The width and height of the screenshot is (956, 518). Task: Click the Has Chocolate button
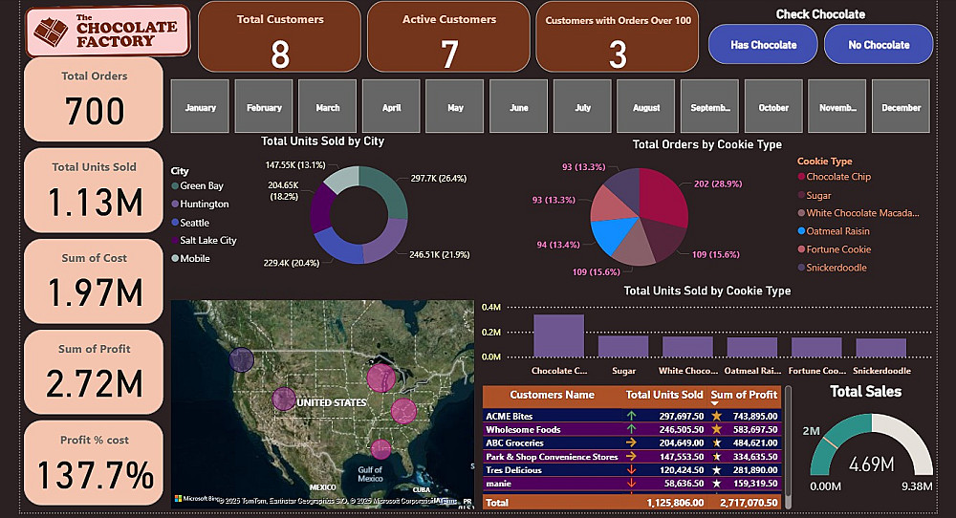pyautogui.click(x=763, y=45)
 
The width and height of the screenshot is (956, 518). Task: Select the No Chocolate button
pyautogui.click(x=879, y=45)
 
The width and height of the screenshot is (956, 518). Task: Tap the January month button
pyautogui.click(x=200, y=108)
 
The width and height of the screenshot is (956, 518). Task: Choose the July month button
pyautogui.click(x=583, y=108)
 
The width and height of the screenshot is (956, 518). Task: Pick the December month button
pyautogui.click(x=902, y=108)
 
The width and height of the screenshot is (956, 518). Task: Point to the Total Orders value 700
pyautogui.click(x=95, y=112)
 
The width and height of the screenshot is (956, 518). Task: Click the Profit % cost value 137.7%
pyautogui.click(x=95, y=475)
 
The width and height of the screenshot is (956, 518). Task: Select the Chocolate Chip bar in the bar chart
pyautogui.click(x=558, y=335)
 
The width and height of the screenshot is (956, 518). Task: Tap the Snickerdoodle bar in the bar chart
pyautogui.click(x=880, y=347)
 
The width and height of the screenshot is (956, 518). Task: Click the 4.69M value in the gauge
pyautogui.click(x=870, y=465)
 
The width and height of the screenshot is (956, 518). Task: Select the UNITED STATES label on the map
pyautogui.click(x=331, y=402)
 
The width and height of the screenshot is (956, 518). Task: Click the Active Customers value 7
pyautogui.click(x=448, y=55)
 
